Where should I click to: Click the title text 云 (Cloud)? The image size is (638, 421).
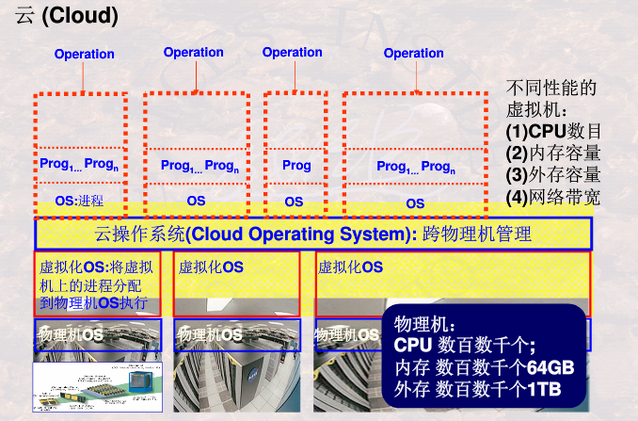tap(67, 16)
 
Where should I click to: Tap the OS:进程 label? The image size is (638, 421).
tap(78, 201)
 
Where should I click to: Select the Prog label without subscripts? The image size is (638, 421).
tap(296, 166)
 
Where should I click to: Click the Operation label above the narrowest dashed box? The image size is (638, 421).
tap(292, 53)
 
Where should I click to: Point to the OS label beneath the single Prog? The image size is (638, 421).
tap(294, 202)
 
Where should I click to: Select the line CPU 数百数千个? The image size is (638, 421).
tap(464, 346)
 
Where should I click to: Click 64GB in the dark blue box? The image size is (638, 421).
tap(550, 366)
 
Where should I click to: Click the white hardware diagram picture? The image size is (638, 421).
tap(97, 387)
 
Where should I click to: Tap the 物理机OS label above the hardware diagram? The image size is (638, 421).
tap(70, 334)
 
